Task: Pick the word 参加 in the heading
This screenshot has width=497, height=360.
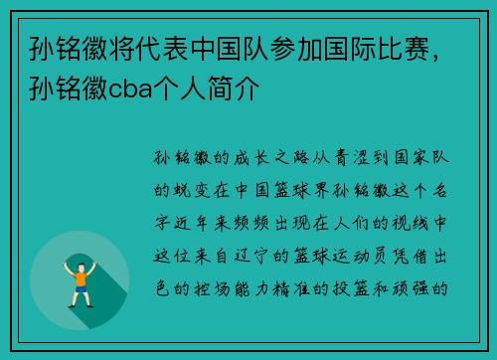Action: click(295, 48)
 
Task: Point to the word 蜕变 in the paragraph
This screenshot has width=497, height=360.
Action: click(195, 184)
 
